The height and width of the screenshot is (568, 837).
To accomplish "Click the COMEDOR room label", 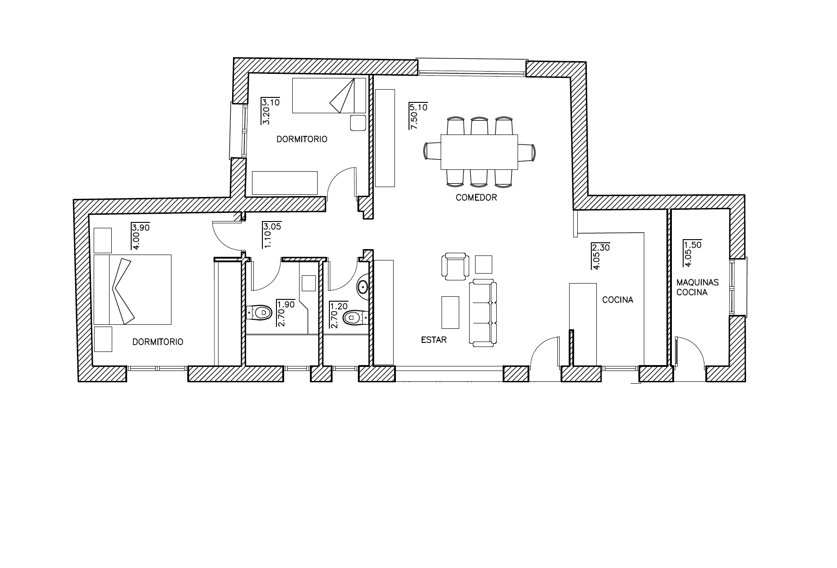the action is [476, 197].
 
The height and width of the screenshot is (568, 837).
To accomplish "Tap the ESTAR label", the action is [434, 340].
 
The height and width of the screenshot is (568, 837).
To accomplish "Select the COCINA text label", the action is [618, 300].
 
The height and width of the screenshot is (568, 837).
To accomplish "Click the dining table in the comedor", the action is [479, 152].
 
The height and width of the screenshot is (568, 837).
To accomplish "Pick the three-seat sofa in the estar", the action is [483, 313].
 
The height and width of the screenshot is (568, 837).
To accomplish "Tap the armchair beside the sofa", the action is [455, 266].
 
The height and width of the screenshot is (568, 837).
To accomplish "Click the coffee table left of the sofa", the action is [450, 312].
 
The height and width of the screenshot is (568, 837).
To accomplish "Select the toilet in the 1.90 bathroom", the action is [259, 312].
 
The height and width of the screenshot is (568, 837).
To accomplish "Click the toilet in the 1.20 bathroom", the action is [356, 318].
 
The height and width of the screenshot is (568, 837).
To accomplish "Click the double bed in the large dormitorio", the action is [132, 289].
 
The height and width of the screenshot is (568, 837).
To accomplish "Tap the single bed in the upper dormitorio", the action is [329, 95].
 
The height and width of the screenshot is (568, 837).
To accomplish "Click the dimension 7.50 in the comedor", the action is [414, 121].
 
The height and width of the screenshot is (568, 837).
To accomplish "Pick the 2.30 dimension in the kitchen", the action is [601, 248].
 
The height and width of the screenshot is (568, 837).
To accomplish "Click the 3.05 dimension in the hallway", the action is [272, 226].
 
